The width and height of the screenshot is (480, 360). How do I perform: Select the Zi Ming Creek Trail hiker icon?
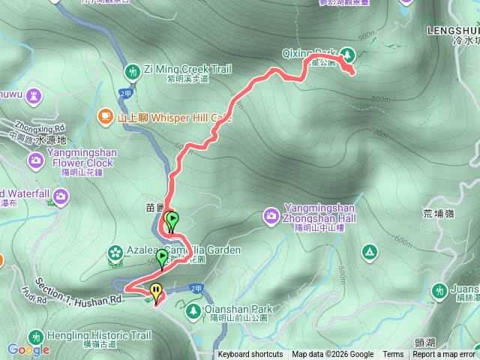point(132,71)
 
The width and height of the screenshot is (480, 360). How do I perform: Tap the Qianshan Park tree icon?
point(193,309)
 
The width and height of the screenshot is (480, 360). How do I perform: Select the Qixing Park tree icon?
point(347,54)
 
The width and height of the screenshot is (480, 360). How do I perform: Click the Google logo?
point(28,349)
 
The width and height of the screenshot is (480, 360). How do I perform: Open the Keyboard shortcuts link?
point(250,355)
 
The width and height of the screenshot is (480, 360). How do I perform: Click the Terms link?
point(393,355)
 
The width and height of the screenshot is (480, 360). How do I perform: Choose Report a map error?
point(444,355)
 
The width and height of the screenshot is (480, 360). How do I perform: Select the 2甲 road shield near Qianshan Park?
point(196,288)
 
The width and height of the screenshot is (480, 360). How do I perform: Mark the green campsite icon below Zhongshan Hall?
point(368,251)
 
